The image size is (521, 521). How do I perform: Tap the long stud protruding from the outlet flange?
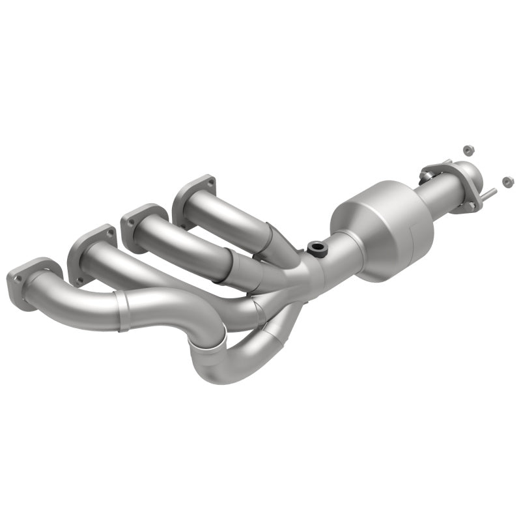[x=489, y=193]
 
